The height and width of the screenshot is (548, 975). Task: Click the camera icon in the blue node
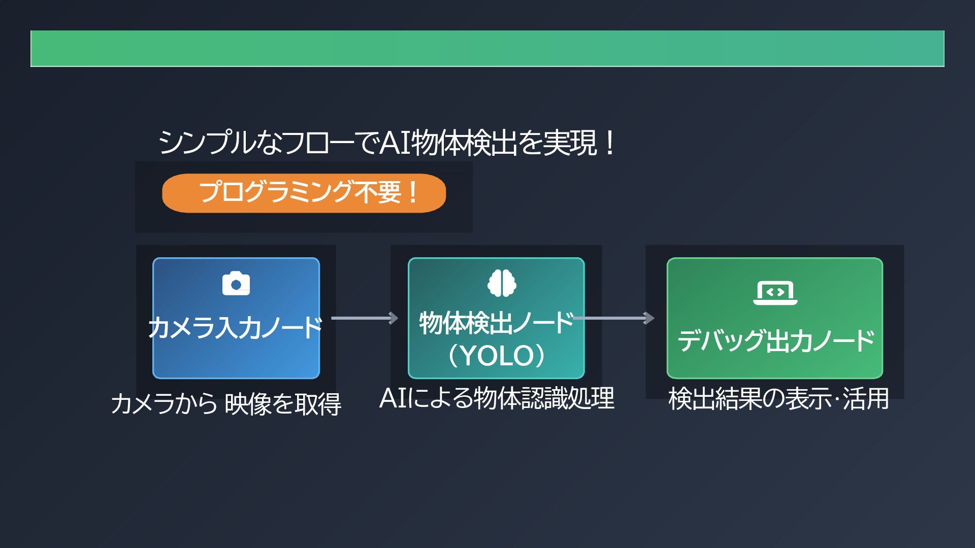(x=236, y=284)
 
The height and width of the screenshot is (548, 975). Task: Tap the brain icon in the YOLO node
(x=502, y=283)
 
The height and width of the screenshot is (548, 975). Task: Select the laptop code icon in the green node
(x=775, y=293)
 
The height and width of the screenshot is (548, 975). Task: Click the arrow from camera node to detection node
(x=364, y=318)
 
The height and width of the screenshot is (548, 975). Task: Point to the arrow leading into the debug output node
(x=614, y=318)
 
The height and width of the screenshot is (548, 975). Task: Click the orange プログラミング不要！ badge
(x=304, y=193)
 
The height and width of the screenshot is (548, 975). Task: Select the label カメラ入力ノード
(x=236, y=327)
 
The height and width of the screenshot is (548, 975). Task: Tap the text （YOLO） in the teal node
(x=496, y=356)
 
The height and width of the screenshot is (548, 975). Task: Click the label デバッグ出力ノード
(x=775, y=340)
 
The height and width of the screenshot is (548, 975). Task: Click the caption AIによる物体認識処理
(x=497, y=398)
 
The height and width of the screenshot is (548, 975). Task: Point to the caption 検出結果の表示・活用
(x=778, y=399)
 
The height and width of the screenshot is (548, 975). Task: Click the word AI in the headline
(x=395, y=143)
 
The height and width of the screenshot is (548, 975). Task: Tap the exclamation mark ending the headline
(x=610, y=143)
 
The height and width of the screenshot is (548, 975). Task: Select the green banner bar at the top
(x=487, y=49)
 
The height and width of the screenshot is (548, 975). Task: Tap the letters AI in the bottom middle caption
(x=393, y=398)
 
